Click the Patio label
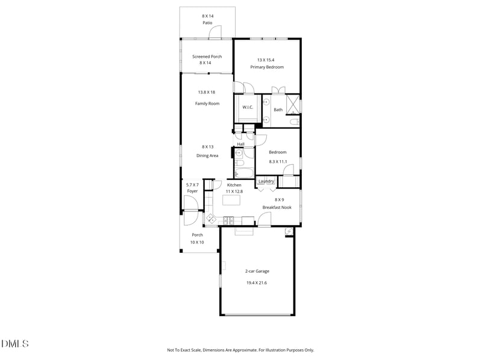click(x=207, y=23)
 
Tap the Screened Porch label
click(x=207, y=57)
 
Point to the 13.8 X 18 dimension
click(x=207, y=92)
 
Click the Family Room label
click(x=207, y=104)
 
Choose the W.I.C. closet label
click(x=248, y=107)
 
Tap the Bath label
click(x=278, y=110)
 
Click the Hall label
click(x=240, y=144)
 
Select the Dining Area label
click(x=207, y=155)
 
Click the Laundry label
click(x=266, y=181)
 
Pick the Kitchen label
click(x=234, y=185)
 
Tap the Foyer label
click(x=192, y=191)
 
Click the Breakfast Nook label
click(x=277, y=207)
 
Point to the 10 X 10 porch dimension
click(x=197, y=242)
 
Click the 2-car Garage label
click(x=257, y=272)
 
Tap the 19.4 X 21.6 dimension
click(x=257, y=283)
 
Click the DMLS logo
click(x=14, y=344)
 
